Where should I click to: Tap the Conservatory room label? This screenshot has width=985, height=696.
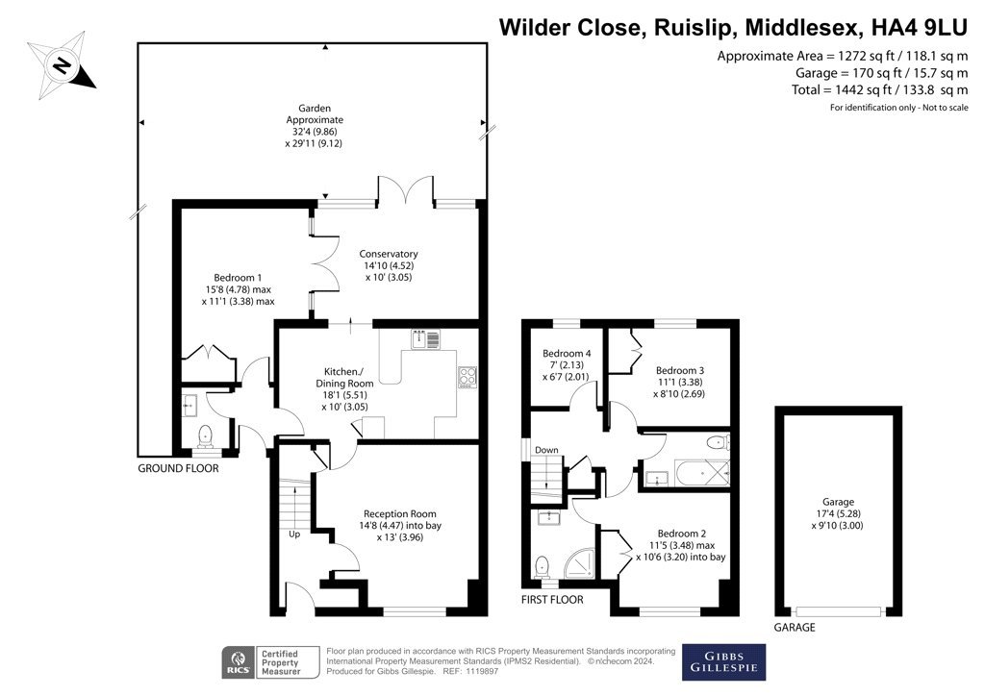pos(389,254)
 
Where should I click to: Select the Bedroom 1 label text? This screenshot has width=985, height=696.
pos(238,278)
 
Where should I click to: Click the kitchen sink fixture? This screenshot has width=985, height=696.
pos(426,339)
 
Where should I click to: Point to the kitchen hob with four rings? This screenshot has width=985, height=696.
pos(467,377)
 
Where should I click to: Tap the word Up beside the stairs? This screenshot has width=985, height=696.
pos(294,534)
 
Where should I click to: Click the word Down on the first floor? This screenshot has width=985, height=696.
pos(546,450)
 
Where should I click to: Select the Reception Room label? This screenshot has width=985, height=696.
pos(399,514)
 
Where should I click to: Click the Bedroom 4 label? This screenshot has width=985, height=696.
pos(567,354)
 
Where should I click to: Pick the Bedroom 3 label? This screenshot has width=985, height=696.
pos(680,370)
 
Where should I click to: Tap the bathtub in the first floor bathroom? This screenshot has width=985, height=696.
pos(702,473)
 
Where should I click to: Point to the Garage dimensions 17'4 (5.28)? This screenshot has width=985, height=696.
pos(838,513)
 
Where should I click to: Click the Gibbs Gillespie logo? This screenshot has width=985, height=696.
pos(723,662)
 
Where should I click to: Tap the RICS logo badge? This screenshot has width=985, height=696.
pos(239,662)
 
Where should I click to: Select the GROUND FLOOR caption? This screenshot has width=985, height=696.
pos(178,468)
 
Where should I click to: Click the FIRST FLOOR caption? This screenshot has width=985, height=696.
pos(552,599)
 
